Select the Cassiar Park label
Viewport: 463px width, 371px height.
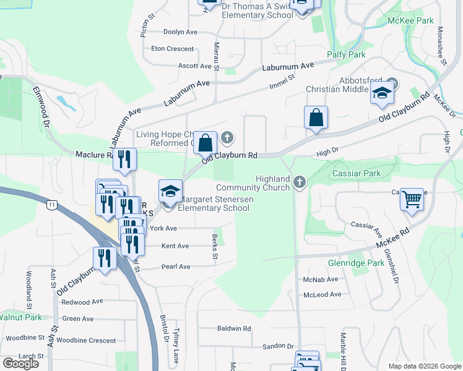click(357, 173)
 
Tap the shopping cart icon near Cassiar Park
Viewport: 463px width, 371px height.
click(412, 200)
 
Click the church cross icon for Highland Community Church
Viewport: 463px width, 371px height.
click(300, 182)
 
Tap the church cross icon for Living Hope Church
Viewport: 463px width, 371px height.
click(227, 137)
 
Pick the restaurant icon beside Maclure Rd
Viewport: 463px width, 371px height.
click(125, 160)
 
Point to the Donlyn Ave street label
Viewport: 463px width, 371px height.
click(180, 32)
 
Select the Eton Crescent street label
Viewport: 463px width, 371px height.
click(172, 48)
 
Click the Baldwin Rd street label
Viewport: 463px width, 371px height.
click(233, 328)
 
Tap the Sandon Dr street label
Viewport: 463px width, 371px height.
click(277, 348)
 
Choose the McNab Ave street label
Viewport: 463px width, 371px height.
click(321, 279)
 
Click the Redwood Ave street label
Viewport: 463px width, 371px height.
click(82, 302)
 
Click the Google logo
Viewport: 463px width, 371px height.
click(20, 364)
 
